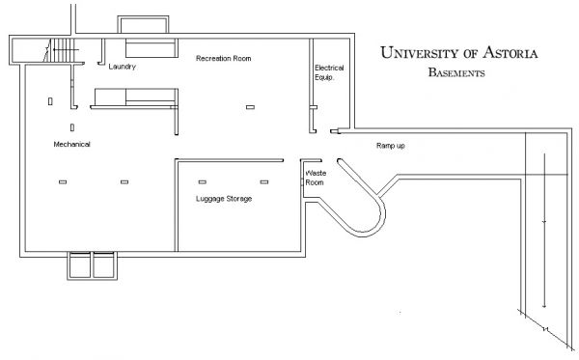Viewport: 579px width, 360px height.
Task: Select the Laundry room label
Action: point(122,67)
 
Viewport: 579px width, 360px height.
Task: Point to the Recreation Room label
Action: point(223,59)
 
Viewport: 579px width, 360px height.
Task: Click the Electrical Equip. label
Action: point(329,72)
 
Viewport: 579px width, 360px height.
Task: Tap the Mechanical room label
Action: point(71,144)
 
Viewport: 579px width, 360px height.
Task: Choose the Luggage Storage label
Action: point(223,199)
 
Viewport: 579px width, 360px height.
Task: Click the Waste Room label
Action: point(316,178)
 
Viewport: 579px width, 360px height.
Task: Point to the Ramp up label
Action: point(390,145)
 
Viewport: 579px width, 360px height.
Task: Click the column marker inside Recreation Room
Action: point(250,107)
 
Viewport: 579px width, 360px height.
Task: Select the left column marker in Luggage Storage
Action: point(203,181)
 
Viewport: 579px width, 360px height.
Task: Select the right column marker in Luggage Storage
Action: point(264,181)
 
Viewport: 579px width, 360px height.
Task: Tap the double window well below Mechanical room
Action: point(93,265)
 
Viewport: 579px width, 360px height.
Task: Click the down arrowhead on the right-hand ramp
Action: point(544,305)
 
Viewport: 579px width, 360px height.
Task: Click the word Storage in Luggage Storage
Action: point(237,199)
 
